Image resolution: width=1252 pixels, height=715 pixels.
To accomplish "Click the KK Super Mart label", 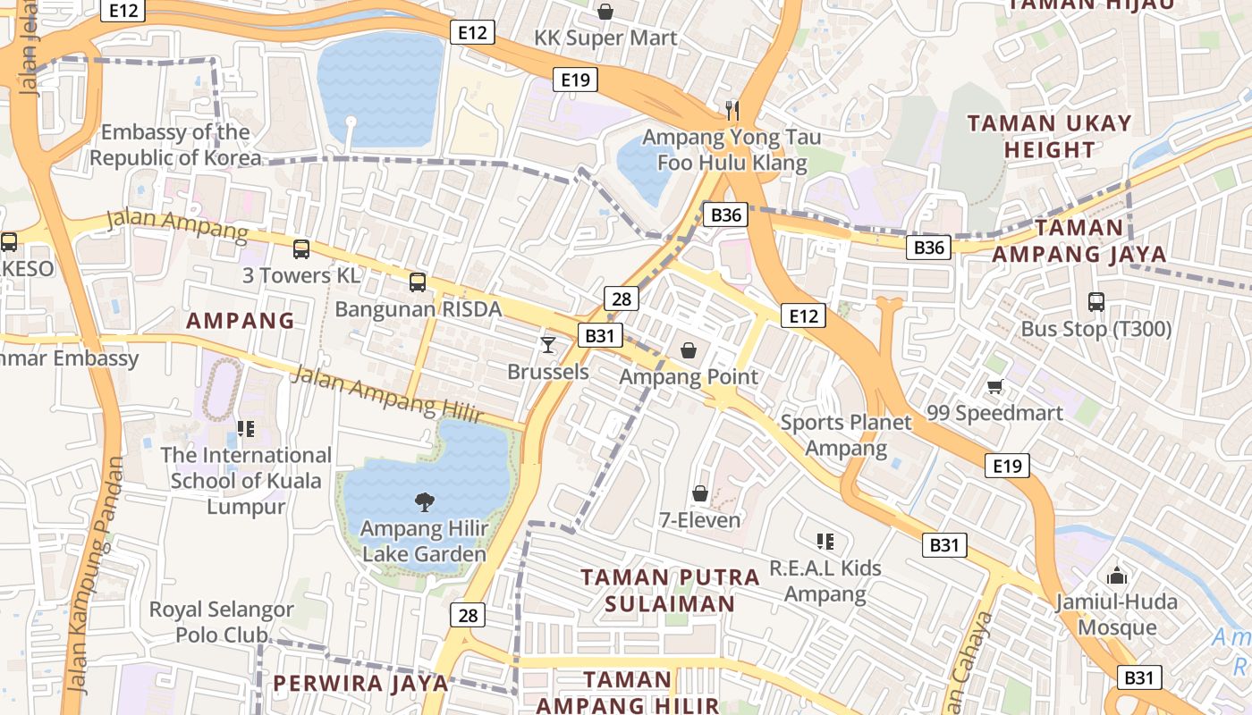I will (605, 38).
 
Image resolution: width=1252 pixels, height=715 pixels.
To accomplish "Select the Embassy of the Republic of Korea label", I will (175, 146).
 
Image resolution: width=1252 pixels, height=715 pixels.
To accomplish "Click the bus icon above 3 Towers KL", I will (301, 249).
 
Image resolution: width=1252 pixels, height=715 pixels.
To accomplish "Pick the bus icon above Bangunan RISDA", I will (418, 282).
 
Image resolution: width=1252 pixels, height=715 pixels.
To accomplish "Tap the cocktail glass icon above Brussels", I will (548, 344).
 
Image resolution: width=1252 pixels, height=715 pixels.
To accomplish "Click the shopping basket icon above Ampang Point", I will (689, 349).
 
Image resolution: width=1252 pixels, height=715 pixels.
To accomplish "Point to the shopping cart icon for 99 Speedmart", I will (994, 386).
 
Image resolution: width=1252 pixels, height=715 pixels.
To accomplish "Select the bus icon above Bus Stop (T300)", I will (1096, 302).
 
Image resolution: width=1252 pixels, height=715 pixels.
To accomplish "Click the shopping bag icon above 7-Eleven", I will (700, 493).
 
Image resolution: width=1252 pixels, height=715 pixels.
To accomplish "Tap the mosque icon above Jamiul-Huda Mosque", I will (1116, 575).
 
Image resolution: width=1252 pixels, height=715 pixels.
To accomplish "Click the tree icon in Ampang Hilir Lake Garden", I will (425, 502).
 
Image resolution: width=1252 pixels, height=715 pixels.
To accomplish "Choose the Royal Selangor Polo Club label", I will (221, 622).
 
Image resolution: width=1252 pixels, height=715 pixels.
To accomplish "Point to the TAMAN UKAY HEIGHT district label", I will (1049, 136).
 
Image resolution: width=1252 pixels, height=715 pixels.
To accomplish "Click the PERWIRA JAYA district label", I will (360, 684).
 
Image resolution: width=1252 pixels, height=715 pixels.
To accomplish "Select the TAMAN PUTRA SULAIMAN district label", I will (670, 590).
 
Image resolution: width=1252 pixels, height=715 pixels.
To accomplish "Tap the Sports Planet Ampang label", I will (845, 434).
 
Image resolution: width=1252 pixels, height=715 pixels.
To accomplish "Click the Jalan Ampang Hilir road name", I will (386, 399).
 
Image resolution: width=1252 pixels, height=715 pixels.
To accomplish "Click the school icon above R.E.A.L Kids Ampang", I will (825, 541).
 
